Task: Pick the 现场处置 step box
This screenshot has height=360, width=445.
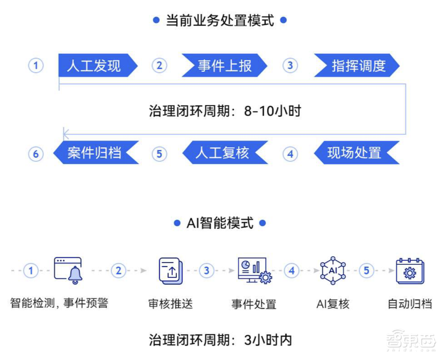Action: point(354,153)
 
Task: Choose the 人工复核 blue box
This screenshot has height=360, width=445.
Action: point(222,153)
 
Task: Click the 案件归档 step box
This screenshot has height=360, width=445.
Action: point(94,153)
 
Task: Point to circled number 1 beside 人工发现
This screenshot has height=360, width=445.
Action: point(36,66)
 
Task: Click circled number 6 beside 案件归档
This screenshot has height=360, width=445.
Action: point(36,154)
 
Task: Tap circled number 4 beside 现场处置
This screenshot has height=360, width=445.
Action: point(290,154)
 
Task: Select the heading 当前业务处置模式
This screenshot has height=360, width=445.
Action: point(220,20)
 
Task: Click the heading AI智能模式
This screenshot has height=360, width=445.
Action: point(220,223)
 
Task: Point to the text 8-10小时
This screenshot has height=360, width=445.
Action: point(272,111)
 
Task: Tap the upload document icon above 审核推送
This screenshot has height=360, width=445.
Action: point(170,270)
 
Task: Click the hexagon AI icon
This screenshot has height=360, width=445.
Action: point(333,270)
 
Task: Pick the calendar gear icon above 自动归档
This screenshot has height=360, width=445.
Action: point(410,271)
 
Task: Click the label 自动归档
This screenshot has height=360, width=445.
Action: point(410,304)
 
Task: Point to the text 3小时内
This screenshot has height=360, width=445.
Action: point(268,340)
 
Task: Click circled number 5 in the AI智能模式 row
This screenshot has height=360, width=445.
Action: point(366,270)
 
